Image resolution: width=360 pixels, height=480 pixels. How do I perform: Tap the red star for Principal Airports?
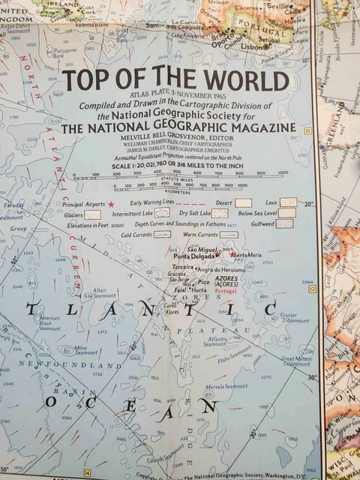pos(111,204)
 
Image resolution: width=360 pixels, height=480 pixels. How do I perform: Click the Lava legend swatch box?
pos(289,202)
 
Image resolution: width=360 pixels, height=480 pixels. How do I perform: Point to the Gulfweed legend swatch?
pos(285,223)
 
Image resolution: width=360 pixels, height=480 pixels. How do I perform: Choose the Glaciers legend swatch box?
pos(91,214)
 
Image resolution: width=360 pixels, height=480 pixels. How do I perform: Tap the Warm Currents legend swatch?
pos(228,235)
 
